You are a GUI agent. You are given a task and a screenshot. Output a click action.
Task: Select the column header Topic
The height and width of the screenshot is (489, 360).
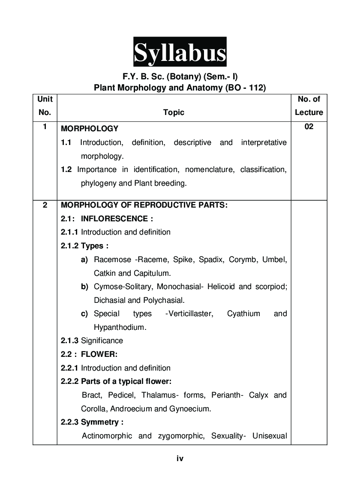pyautogui.click(x=174, y=112)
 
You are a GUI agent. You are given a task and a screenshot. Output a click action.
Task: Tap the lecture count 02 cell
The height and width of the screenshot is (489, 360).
pyautogui.click(x=309, y=127)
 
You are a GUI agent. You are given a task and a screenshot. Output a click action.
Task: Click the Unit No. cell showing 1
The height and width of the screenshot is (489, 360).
pyautogui.click(x=45, y=127)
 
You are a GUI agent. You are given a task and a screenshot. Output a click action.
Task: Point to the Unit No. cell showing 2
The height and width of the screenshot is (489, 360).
pyautogui.click(x=45, y=205)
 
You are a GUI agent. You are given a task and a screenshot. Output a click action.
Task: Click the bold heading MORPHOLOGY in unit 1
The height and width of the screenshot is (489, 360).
pyautogui.click(x=90, y=129)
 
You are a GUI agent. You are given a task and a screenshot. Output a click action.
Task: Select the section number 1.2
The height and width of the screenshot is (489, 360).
pyautogui.click(x=66, y=169)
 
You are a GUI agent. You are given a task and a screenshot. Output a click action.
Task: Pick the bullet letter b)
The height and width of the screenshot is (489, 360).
pyautogui.click(x=84, y=287)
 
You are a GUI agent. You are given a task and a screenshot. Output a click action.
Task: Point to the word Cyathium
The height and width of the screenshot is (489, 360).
pyautogui.click(x=243, y=314)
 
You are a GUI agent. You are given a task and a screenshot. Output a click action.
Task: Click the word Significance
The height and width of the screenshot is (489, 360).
pyautogui.click(x=102, y=341)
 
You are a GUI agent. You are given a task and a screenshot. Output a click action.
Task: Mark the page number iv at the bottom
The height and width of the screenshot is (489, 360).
pyautogui.click(x=180, y=459)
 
